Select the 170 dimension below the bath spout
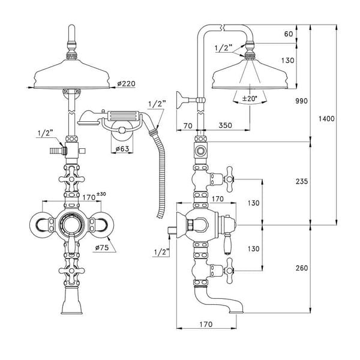205,325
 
